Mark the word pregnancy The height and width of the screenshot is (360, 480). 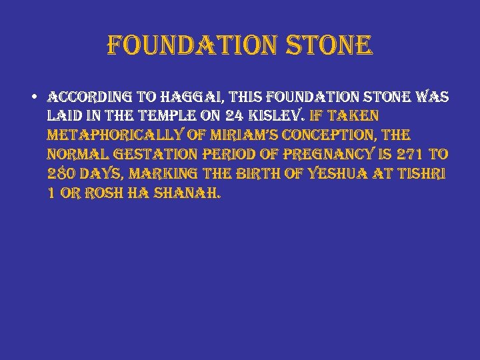323,155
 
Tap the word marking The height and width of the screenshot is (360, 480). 169,175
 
